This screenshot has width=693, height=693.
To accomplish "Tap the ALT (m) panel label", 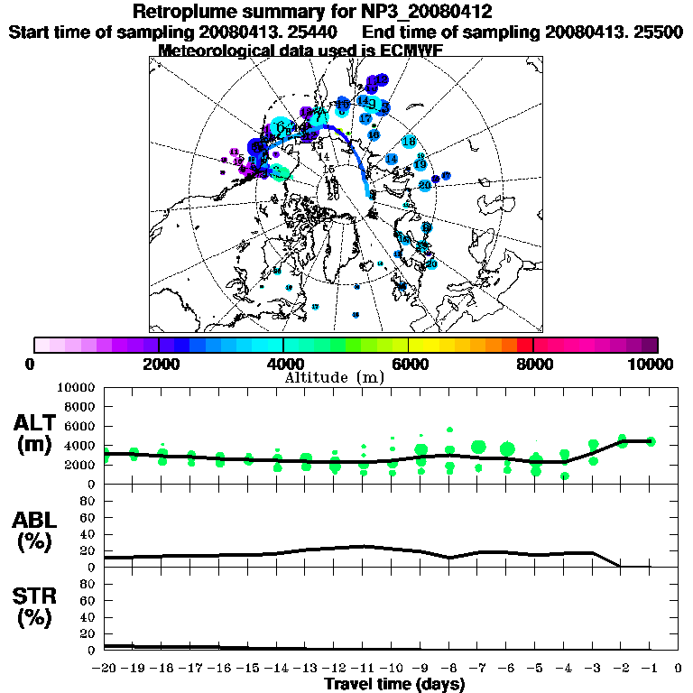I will click(x=37, y=433).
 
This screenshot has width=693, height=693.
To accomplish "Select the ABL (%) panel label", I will click(x=37, y=531).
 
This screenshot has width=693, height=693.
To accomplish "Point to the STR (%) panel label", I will click(x=37, y=606).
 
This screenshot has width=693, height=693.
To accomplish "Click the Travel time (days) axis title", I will click(x=394, y=684).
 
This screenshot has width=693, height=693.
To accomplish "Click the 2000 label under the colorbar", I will click(x=159, y=364).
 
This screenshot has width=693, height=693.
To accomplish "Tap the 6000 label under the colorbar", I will click(x=408, y=364).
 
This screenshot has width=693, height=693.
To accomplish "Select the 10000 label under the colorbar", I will click(x=652, y=364).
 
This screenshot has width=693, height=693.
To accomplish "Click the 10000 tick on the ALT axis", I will click(x=75, y=387).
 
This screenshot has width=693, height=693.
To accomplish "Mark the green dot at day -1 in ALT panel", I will click(x=651, y=441).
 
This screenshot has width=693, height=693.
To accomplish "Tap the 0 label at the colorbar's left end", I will click(x=31, y=364).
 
